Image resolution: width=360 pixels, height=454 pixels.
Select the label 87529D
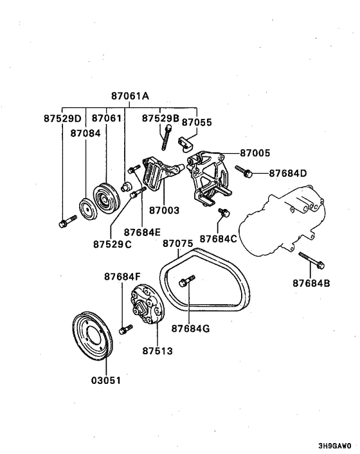(x=63, y=119)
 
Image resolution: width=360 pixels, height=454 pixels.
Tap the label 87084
(x=84, y=132)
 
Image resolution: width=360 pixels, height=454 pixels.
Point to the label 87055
(x=197, y=122)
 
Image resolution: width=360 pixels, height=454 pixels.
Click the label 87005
(x=255, y=154)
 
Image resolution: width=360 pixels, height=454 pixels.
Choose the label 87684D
(x=288, y=173)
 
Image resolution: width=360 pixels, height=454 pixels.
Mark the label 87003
(x=163, y=210)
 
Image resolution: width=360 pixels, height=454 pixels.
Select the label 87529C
(x=112, y=244)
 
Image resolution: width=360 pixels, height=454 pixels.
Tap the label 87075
(x=178, y=244)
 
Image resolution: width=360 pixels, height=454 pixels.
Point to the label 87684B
(x=311, y=282)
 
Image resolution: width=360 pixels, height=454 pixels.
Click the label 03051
(x=105, y=380)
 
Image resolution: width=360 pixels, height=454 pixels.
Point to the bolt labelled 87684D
(x=244, y=170)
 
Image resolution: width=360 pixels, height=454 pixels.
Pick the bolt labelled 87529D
(x=64, y=223)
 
